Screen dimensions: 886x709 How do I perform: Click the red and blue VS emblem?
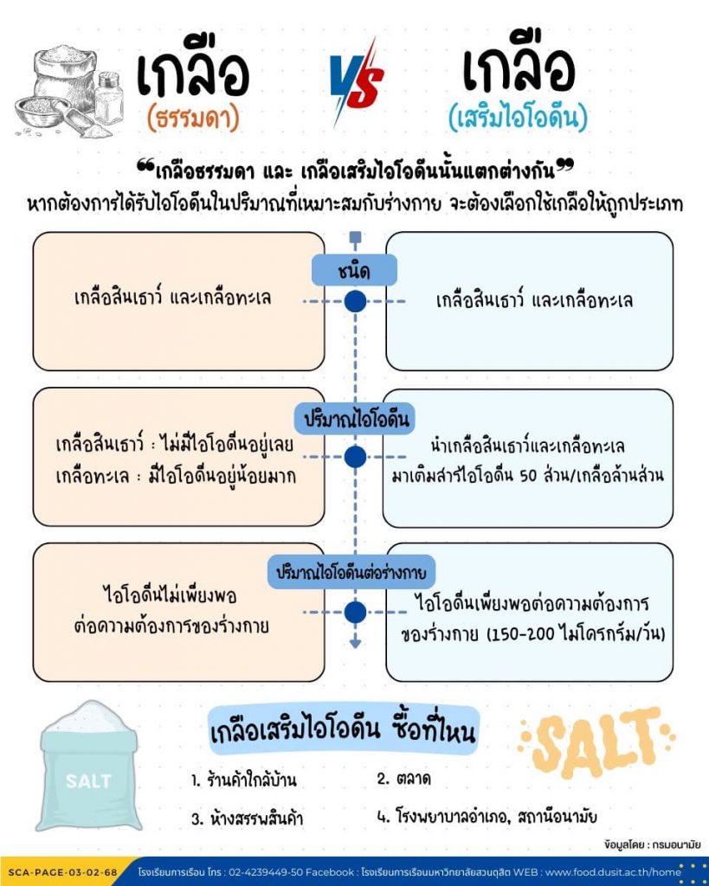coord(356,83)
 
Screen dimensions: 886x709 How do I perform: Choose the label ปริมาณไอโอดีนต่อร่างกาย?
coord(353,573)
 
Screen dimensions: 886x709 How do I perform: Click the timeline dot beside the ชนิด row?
coord(355,302)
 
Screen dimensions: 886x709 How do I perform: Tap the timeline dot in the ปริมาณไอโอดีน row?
coord(355,458)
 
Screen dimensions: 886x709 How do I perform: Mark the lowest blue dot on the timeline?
coord(355,612)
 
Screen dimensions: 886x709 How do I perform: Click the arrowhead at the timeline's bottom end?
coord(355,643)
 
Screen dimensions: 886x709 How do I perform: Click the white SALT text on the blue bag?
coord(88,781)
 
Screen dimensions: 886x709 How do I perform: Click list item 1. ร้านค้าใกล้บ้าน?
coord(244,780)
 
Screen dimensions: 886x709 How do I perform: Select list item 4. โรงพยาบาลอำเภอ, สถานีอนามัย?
coord(487,816)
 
